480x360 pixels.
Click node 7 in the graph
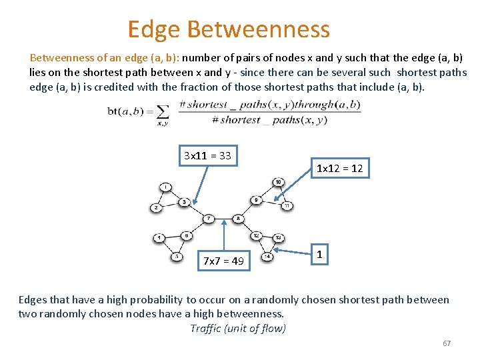209,218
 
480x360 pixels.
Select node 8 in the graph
239,218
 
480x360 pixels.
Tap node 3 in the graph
185,201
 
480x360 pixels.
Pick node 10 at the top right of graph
278,182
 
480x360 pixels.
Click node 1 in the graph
165,187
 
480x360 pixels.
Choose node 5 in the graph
177,256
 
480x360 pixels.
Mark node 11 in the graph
287,205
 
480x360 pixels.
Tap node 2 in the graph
155,207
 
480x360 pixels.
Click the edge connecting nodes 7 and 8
223,218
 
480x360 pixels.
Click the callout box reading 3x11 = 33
208,156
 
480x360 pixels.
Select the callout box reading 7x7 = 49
223,260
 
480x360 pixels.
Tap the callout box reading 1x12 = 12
339,169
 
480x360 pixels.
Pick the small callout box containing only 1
321,254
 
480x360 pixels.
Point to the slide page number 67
447,343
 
